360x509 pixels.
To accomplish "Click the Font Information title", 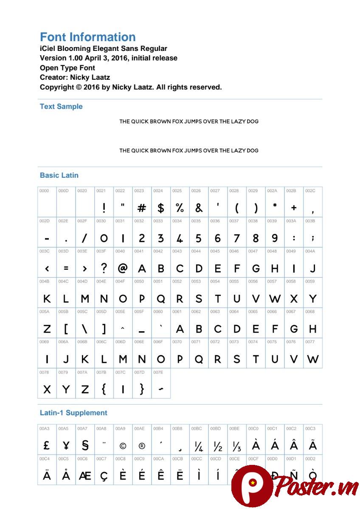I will tap(87, 37).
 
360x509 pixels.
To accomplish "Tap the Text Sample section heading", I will tap(61, 106).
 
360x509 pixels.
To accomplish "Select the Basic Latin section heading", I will tap(59, 175).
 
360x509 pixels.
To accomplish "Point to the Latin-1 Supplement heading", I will tap(73, 413).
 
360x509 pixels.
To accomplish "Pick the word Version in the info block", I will tap(53, 58).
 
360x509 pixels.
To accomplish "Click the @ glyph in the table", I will tap(123, 268).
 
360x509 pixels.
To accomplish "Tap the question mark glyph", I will tap(104, 268).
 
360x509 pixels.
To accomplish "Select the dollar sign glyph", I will tap(160, 208).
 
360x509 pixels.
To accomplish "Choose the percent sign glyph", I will tap(180, 208).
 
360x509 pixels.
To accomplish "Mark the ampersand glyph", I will tap(199, 208).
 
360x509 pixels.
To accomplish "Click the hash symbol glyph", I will tap(142, 208).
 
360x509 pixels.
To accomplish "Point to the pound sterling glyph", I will tap(47, 445).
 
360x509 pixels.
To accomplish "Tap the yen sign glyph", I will tap(66, 445).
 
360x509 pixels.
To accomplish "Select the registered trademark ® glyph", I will tap(142, 446).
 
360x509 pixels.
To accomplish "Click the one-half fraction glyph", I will tap(218, 446).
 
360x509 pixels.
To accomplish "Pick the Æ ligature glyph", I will tap(85, 476).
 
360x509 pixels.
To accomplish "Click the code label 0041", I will tap(139, 251).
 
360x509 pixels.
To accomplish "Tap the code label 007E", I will tap(158, 372).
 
